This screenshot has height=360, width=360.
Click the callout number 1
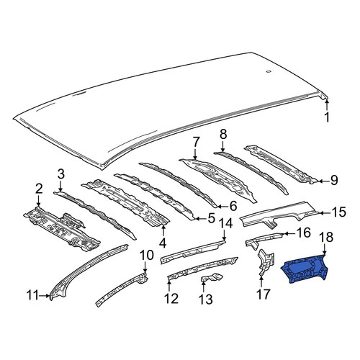[x=327, y=117]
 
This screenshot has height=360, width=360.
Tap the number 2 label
[x=39, y=189]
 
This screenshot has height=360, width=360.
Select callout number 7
[x=195, y=142]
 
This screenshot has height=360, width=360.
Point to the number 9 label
[x=334, y=180]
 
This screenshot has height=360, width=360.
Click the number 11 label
[x=32, y=295]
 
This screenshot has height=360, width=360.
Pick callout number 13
[x=206, y=300]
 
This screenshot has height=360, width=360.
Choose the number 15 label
[x=338, y=212]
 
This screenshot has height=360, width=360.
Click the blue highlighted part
[x=305, y=269]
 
